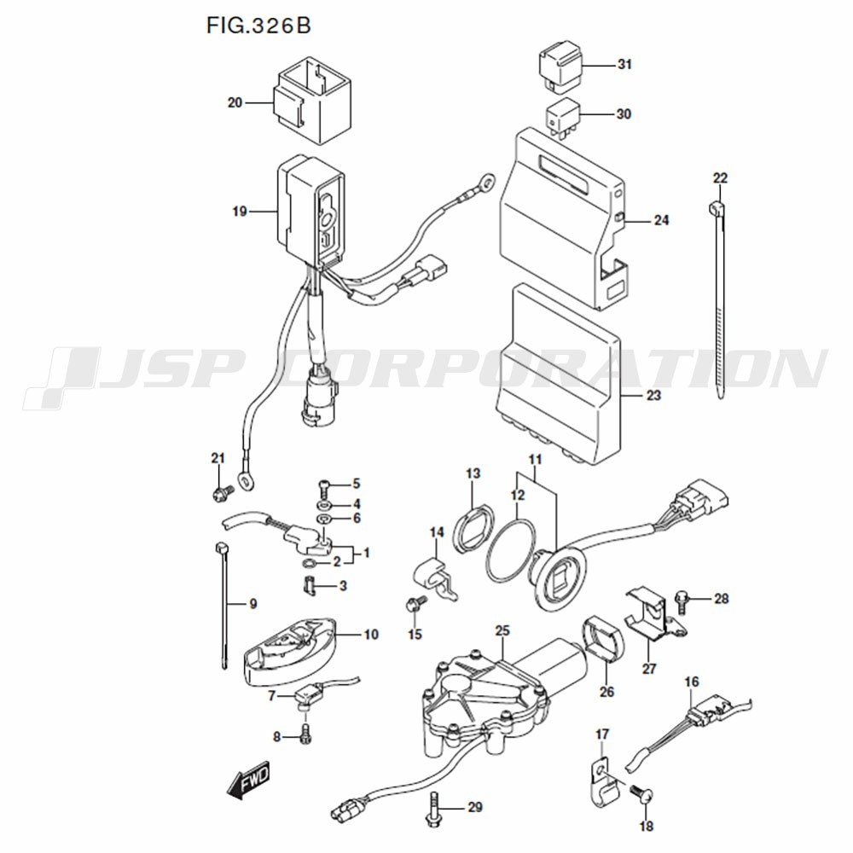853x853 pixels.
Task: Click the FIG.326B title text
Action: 258,25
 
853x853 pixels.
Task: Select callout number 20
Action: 235,102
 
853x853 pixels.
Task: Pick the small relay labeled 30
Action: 564,115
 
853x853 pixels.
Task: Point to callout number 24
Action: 661,220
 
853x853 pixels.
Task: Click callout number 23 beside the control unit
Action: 653,396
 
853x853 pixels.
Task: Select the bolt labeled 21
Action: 221,492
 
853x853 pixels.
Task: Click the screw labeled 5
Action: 324,486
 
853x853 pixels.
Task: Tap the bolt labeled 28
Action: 682,600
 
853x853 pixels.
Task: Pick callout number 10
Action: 371,635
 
